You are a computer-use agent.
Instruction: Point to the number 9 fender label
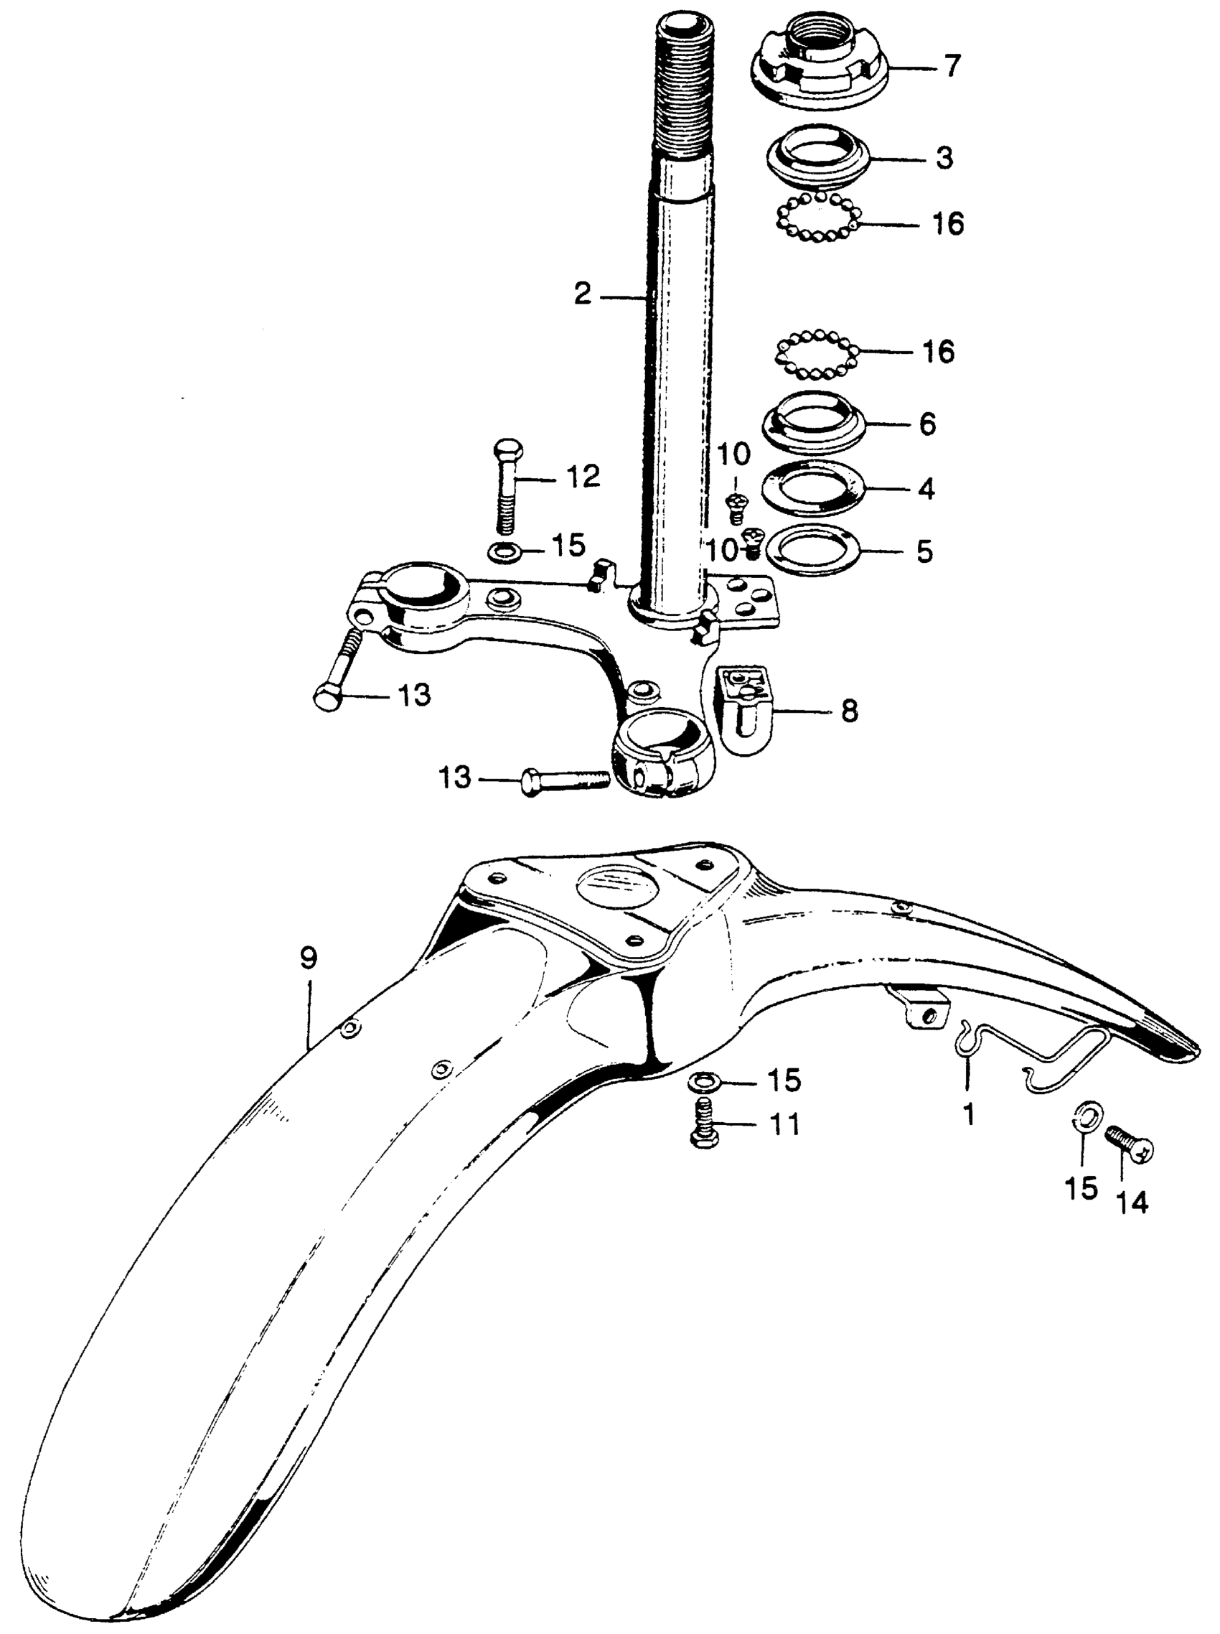308,959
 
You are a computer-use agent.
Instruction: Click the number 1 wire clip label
969,1114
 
